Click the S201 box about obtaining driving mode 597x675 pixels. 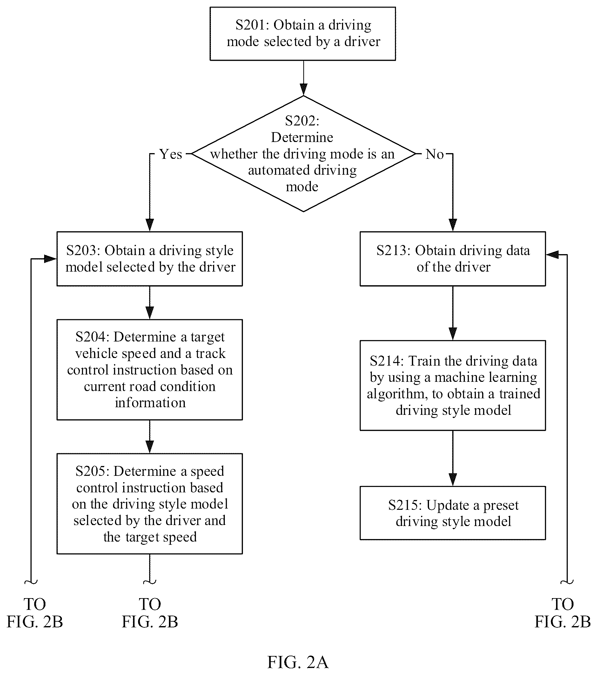303,34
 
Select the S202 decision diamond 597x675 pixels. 304,153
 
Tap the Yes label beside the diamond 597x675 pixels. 171,154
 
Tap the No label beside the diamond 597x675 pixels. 434,154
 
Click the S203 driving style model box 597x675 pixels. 150,259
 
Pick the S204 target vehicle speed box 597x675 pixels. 150,369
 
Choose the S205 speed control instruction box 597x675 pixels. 150,503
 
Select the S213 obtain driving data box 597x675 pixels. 453,259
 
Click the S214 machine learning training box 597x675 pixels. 453,385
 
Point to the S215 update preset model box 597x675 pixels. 453,513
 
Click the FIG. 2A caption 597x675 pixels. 298,662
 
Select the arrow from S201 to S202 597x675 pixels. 304,78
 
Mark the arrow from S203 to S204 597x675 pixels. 150,302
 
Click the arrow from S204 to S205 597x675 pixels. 150,436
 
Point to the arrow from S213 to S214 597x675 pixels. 453,313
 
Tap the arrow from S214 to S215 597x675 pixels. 453,458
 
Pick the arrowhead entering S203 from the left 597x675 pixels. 50,259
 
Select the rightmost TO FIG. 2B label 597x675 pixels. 562,613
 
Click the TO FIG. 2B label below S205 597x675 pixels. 150,613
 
